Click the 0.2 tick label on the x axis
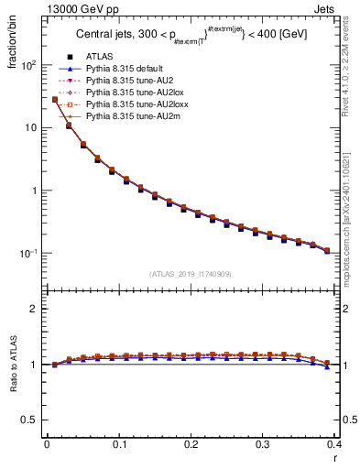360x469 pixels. tap(191, 443)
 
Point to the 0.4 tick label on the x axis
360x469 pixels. tap(334, 443)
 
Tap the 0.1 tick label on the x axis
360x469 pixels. tap(119, 443)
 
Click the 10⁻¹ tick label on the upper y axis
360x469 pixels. tap(27, 253)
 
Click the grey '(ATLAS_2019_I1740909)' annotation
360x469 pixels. tap(191, 274)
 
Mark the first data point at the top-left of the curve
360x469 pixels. tap(55, 99)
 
